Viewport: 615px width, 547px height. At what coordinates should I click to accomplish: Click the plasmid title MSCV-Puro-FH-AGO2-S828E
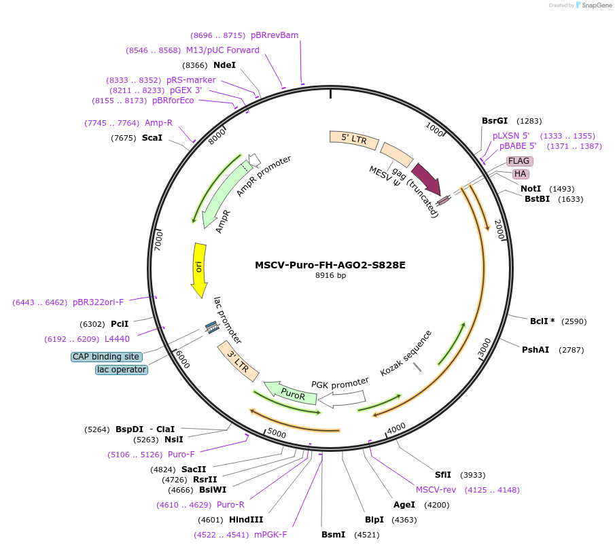[330, 265]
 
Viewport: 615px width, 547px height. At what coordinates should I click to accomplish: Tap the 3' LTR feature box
[238, 361]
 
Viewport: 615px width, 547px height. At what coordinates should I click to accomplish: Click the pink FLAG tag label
[519, 161]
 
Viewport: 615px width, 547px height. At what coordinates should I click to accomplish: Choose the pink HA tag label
[521, 174]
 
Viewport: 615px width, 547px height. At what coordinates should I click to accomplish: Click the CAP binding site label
[106, 357]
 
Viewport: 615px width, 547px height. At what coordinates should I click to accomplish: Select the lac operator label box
[121, 370]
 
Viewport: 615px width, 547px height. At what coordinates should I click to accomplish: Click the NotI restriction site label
[531, 188]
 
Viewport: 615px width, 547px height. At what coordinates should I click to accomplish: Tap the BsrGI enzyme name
[495, 121]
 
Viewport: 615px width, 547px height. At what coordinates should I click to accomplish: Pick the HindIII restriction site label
[246, 520]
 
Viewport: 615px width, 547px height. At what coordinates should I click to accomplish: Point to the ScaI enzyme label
[152, 138]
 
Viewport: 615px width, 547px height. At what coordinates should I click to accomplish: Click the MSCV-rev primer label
[436, 489]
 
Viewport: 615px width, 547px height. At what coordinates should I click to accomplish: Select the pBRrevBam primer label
[275, 35]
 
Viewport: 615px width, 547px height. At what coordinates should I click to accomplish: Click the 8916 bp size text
[330, 276]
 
